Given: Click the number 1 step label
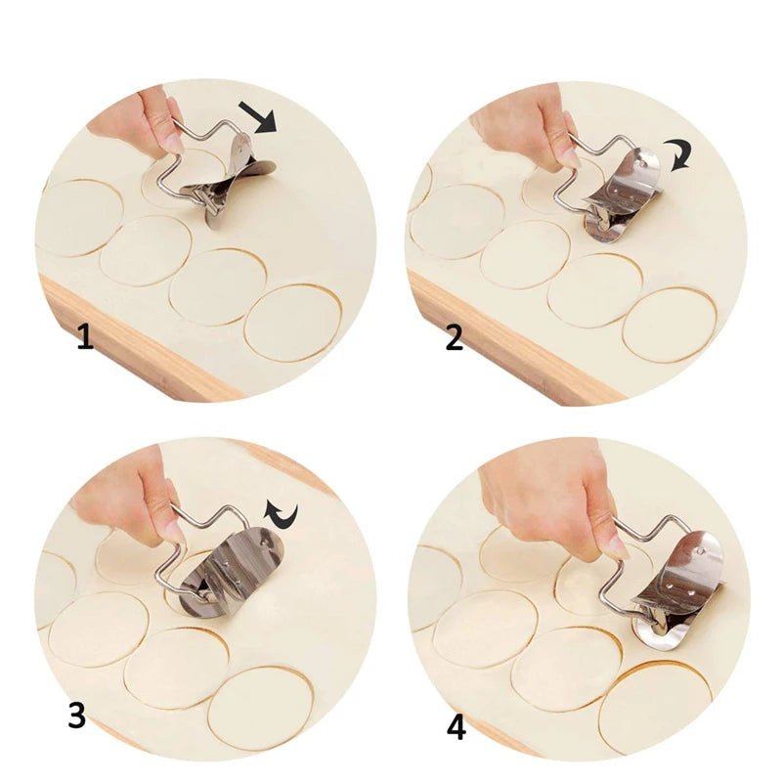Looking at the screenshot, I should coord(85,338).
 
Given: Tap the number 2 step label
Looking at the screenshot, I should coord(455,338).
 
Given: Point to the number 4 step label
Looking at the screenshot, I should coord(456,728).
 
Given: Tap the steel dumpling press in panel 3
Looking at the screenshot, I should coord(235,572).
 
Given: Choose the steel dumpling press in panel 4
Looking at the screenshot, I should coord(679,586).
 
